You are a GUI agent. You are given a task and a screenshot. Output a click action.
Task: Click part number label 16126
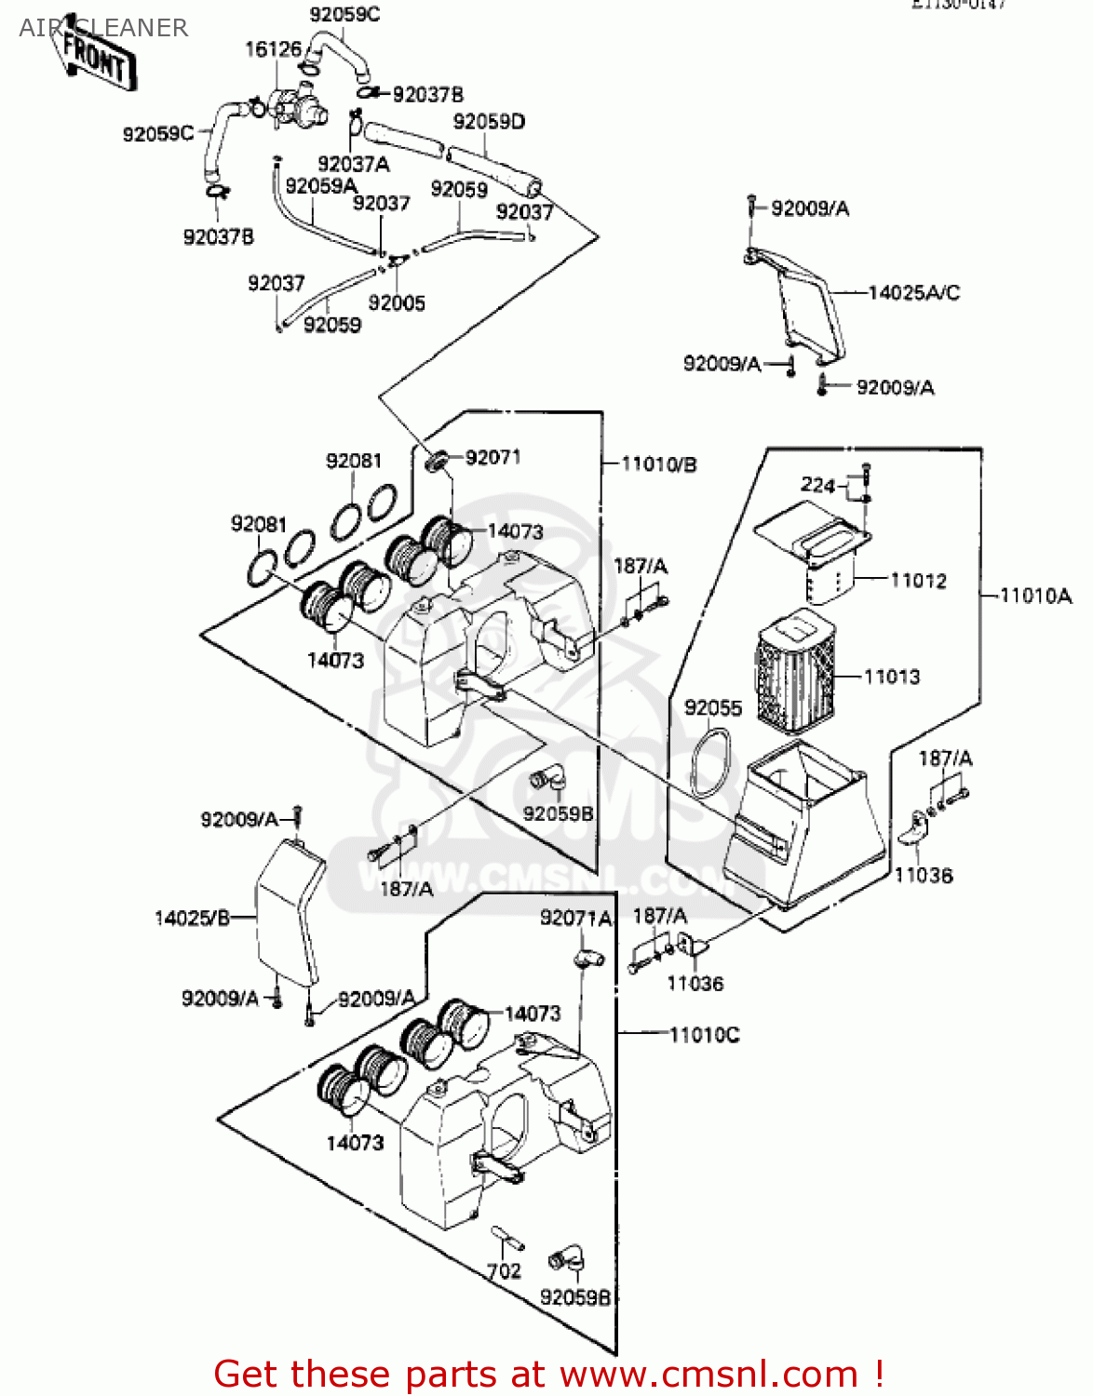coord(273,49)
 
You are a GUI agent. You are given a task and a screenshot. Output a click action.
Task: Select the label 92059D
coord(489,122)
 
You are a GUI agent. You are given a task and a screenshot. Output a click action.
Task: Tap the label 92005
coord(397,303)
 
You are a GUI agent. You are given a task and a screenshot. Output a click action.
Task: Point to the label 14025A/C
coord(913,293)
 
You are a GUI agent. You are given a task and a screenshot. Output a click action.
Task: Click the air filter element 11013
coord(794,670)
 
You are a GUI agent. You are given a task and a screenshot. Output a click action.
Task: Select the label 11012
coord(918,581)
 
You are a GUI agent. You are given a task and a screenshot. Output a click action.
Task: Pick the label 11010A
coord(1035,596)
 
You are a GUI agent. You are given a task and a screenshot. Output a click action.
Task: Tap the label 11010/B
coord(659,463)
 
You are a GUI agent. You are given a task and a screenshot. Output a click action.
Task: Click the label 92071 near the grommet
coord(493,457)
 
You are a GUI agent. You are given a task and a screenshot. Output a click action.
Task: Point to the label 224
coord(817,485)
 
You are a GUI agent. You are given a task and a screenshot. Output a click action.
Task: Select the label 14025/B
coord(192,919)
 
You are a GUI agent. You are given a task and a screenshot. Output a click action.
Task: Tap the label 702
coord(504,1271)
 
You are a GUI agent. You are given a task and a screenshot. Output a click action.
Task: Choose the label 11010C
coord(704,1035)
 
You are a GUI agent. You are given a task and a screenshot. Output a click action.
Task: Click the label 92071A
coord(575,919)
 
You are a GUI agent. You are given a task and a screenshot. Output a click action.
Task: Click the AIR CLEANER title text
coord(103,28)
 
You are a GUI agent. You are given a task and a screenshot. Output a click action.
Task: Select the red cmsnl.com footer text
coord(548,1374)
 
